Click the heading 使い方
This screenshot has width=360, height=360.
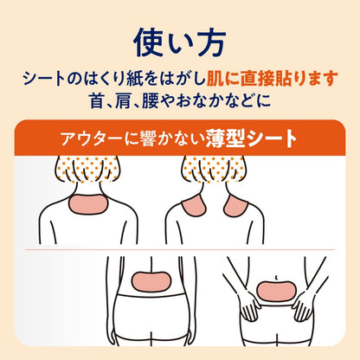pos(179,43)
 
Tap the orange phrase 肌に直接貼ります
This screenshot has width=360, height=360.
pos(272,79)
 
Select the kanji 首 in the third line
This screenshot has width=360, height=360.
pos(97,100)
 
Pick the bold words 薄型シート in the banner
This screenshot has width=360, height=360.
pos(251,138)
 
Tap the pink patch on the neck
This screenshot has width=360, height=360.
pos(88,204)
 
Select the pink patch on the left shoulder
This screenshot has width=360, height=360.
pos(194,206)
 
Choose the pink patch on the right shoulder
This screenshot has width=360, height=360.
pos(235,206)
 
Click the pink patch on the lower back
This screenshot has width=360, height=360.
pos(151,281)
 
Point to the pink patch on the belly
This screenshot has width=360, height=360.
pos(275,292)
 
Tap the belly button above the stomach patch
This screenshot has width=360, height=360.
pos(276,278)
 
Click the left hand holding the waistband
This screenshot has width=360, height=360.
pos(250,306)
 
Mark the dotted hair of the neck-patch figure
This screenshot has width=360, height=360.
pos(87,169)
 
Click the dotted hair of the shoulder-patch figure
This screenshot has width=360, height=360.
pos(214,169)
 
